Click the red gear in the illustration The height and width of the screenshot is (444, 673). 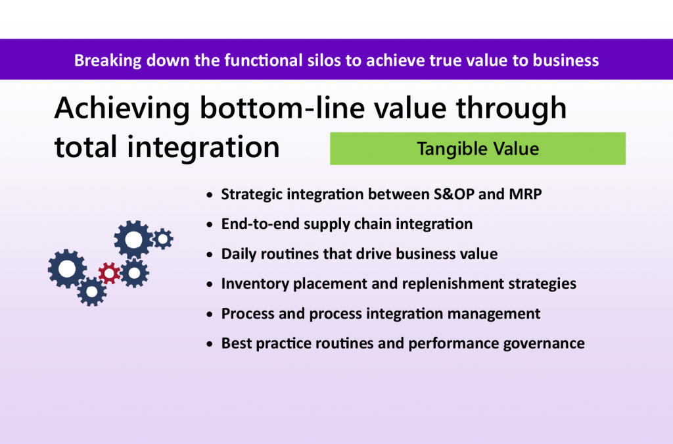[109, 272]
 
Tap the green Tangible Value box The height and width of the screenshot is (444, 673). [478, 149]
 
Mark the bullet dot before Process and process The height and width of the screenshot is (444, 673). [209, 314]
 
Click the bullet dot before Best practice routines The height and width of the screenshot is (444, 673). [209, 344]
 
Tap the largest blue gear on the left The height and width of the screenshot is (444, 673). [67, 268]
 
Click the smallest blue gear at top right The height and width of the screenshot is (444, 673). [162, 238]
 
